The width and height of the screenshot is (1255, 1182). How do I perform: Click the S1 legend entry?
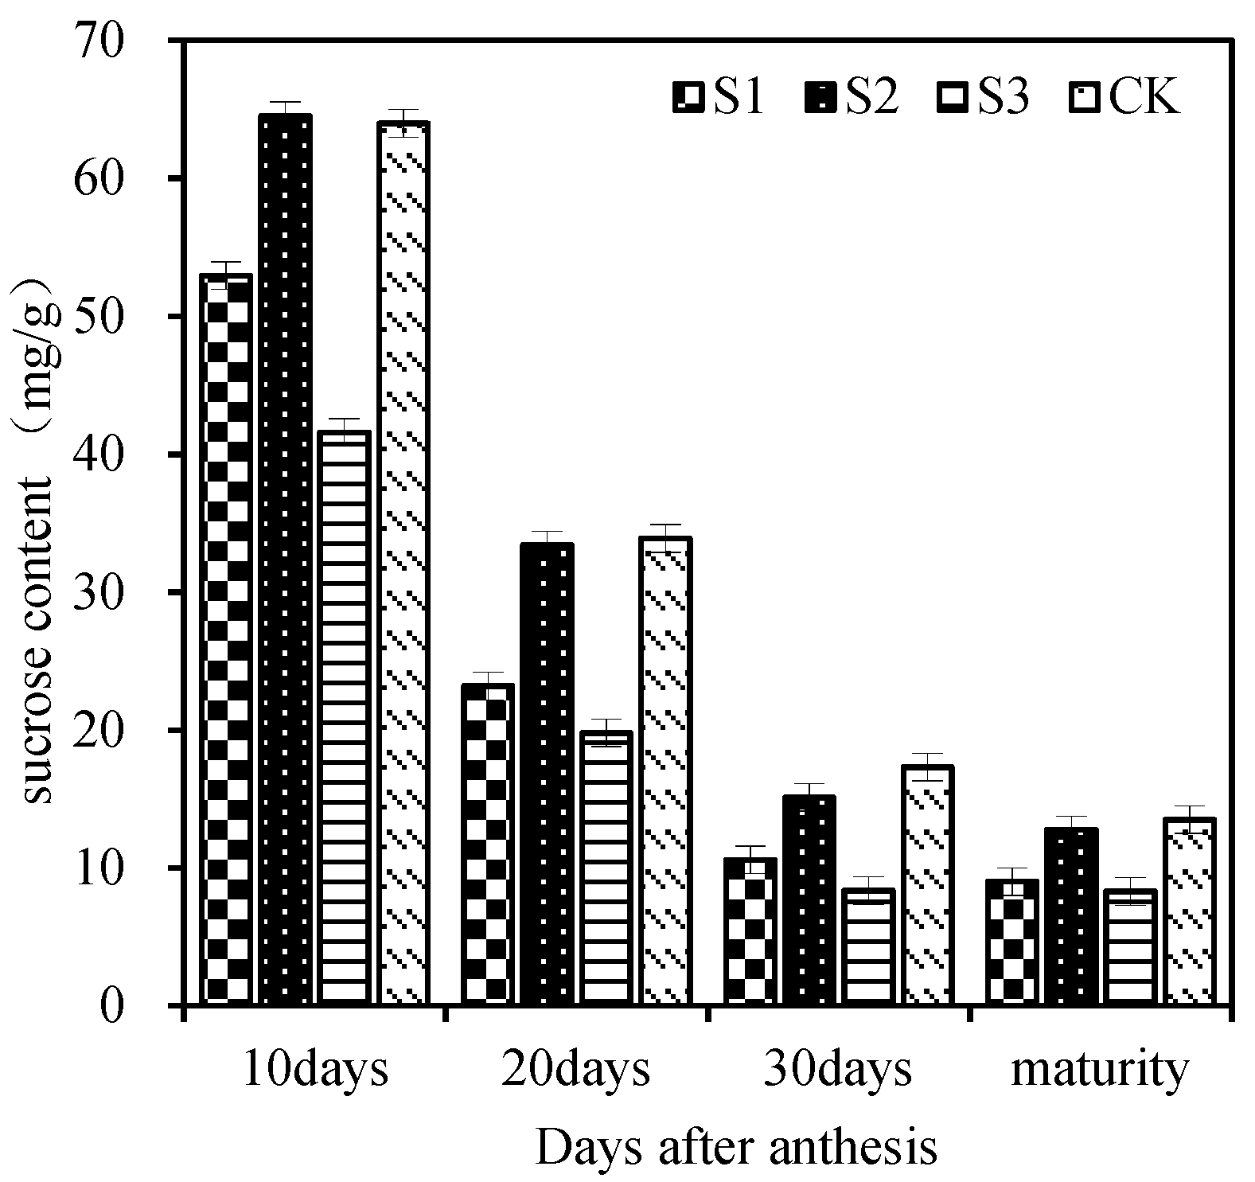(x=718, y=98)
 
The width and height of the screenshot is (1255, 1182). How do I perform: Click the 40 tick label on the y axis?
(x=98, y=454)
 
